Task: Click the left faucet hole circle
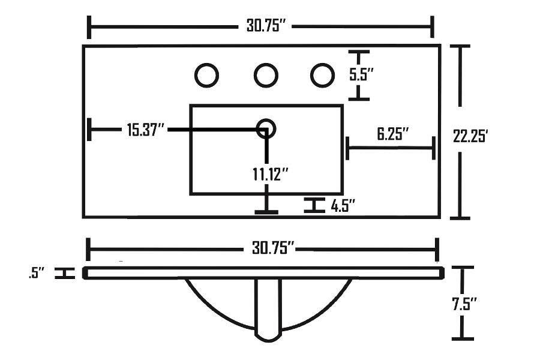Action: click(207, 75)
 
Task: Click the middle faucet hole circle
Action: click(266, 75)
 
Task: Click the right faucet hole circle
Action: click(322, 75)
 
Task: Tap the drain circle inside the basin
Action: click(266, 128)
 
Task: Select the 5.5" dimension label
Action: click(362, 75)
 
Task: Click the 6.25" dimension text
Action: click(393, 133)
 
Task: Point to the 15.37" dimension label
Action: click(145, 129)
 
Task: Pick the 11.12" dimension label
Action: click(271, 174)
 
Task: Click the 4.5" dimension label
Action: click(343, 206)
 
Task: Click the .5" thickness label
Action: click(37, 274)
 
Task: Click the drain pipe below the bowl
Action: click(268, 309)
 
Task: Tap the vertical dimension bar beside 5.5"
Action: click(359, 75)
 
